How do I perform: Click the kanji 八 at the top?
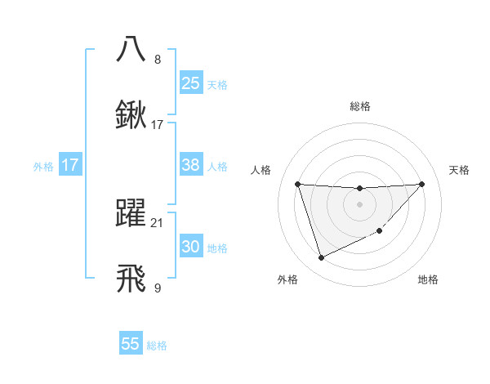131,48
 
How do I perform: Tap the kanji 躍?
131,212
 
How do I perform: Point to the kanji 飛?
131,278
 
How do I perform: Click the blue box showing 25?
191,83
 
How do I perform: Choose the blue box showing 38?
191,165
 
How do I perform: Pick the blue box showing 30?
191,247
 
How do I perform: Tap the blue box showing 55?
131,344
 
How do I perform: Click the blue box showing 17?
70,165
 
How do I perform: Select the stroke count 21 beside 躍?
157,222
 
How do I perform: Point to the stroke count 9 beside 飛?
157,288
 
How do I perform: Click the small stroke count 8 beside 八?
157,59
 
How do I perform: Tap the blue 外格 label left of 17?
43,166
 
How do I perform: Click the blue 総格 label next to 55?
157,346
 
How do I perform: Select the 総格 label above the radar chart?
359,106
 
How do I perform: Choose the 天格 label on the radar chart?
460,170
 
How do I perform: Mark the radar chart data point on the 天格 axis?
422,184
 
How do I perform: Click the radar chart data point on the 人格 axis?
298,184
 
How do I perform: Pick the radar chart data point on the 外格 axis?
321,258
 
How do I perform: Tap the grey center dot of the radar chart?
359,203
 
